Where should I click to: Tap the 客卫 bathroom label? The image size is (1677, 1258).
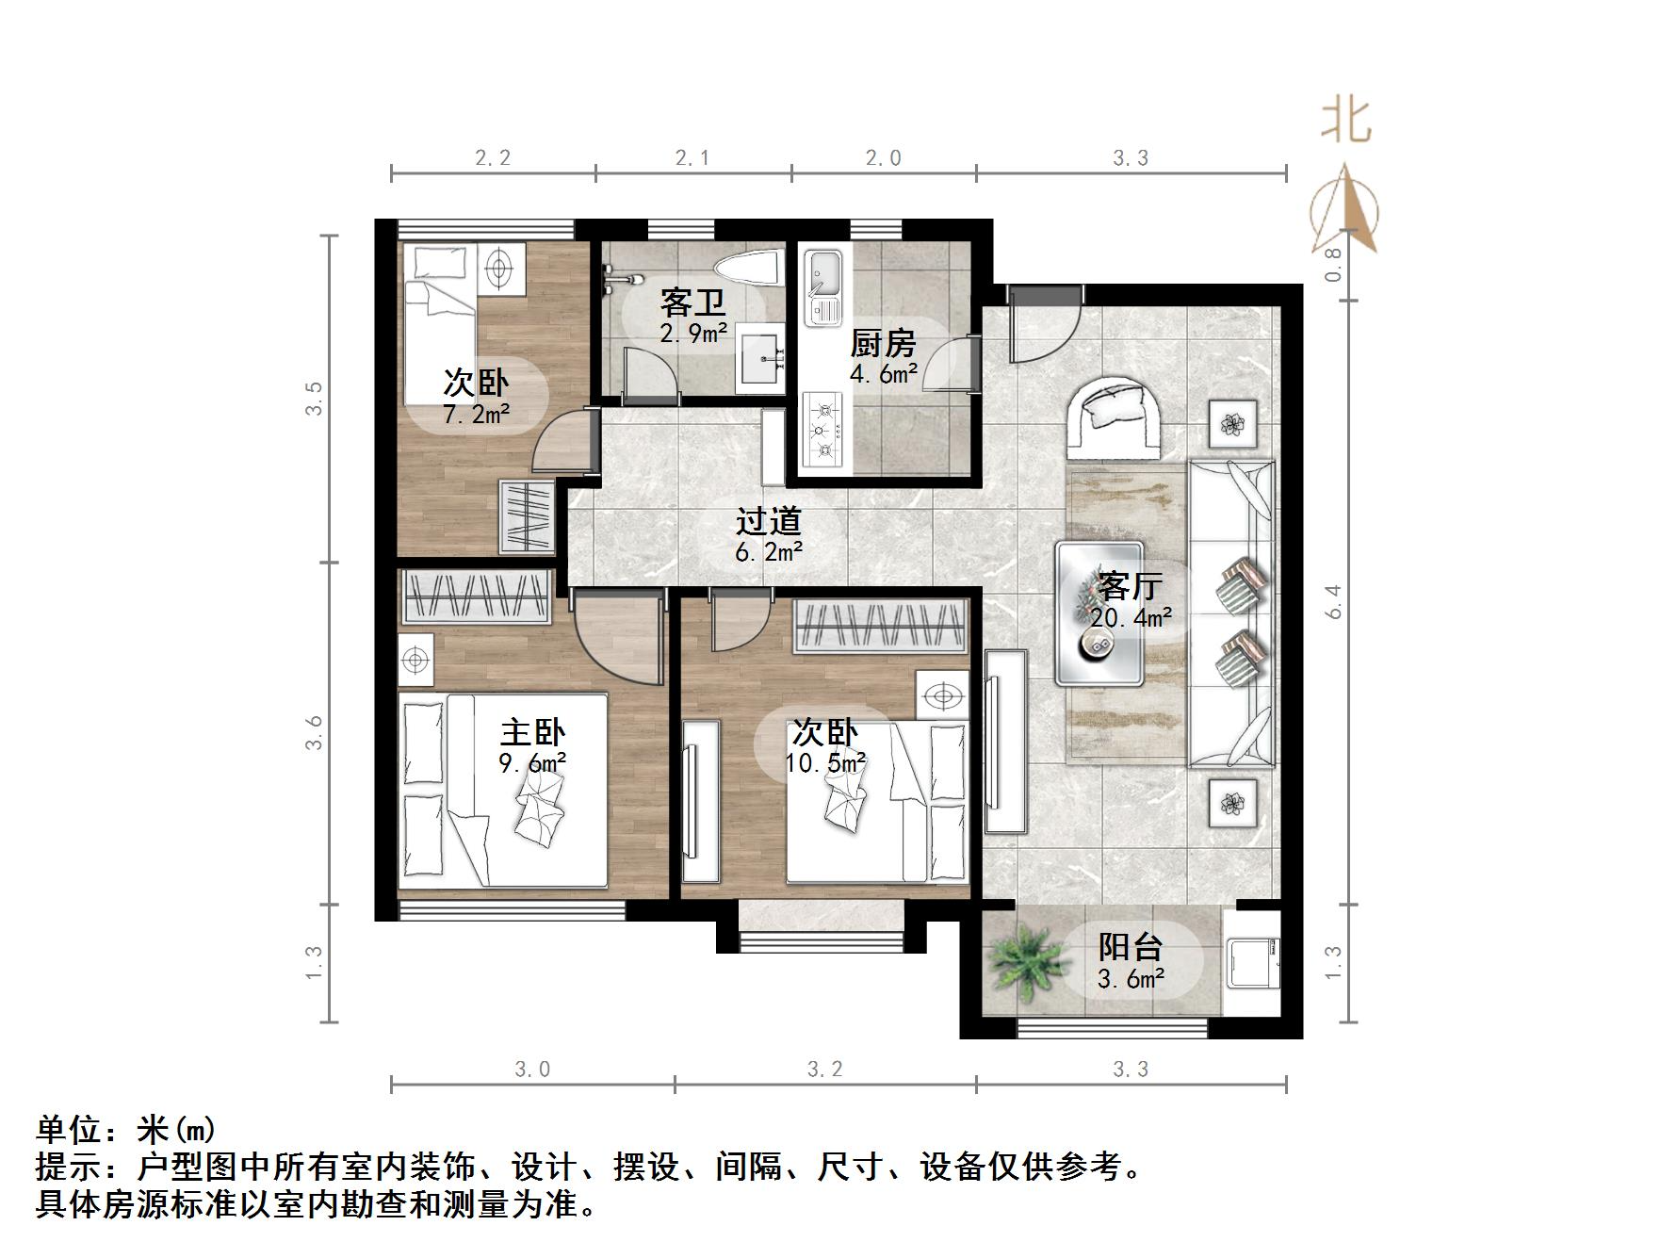pyautogui.click(x=692, y=302)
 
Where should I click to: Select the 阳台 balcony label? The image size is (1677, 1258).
pyautogui.click(x=1131, y=946)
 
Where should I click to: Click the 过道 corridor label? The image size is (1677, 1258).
pyautogui.click(x=768, y=521)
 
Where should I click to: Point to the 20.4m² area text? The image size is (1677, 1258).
pyautogui.click(x=1131, y=618)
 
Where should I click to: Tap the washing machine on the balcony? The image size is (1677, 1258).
pyautogui.click(x=1254, y=963)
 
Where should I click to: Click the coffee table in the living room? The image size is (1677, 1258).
pyautogui.click(x=1099, y=613)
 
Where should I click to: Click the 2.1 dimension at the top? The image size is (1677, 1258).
pyautogui.click(x=692, y=158)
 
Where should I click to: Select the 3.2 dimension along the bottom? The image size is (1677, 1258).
pyautogui.click(x=824, y=1070)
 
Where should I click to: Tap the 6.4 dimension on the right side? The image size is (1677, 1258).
pyautogui.click(x=1332, y=601)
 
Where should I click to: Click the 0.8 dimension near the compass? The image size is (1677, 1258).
pyautogui.click(x=1332, y=265)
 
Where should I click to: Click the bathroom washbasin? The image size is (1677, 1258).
pyautogui.click(x=760, y=358)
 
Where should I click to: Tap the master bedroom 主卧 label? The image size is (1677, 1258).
pyautogui.click(x=532, y=732)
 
